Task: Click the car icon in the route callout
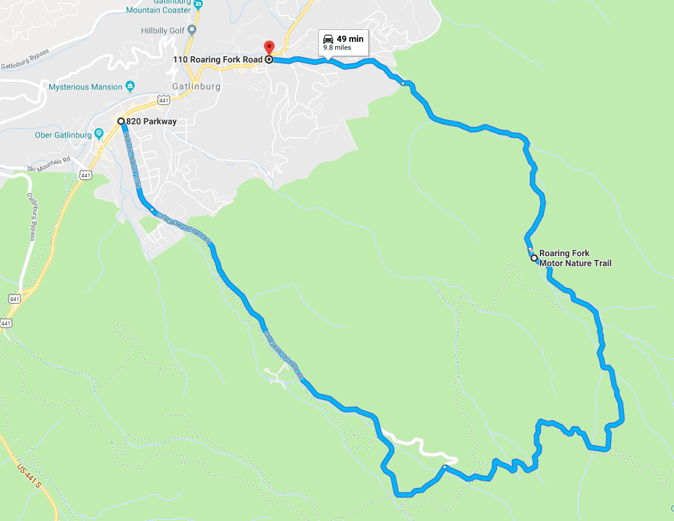click(x=328, y=39)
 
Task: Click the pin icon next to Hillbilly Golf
click(x=192, y=29)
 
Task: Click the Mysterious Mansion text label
click(x=85, y=87)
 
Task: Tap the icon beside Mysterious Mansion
click(x=130, y=86)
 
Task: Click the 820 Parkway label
click(x=152, y=121)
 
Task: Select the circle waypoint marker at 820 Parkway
click(x=121, y=121)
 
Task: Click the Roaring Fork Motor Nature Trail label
click(x=575, y=259)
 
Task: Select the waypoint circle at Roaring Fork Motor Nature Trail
click(x=534, y=257)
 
